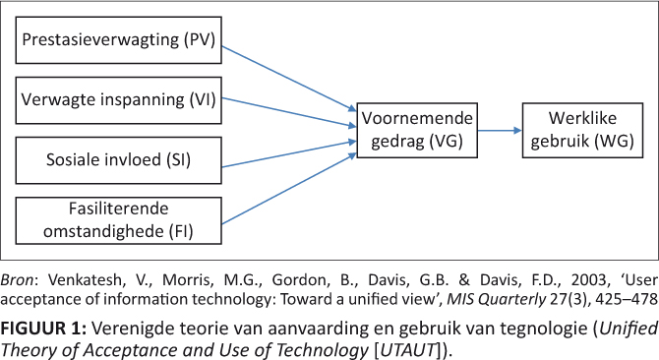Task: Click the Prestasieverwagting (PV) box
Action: [x=118, y=40]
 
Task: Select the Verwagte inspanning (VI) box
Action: [x=118, y=100]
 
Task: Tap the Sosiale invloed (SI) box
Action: [x=118, y=160]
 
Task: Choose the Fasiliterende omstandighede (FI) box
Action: [x=118, y=220]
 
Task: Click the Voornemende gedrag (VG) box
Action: [x=417, y=130]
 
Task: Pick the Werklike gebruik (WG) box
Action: [x=582, y=130]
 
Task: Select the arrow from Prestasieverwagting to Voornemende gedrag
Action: [x=289, y=79]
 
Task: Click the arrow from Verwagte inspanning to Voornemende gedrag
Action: [x=289, y=112]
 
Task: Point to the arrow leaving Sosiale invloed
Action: [x=289, y=154]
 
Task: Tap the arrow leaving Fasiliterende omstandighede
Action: [x=289, y=189]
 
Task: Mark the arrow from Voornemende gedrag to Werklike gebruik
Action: [x=500, y=131]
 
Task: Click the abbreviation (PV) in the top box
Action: [x=200, y=39]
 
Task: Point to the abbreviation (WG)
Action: [x=614, y=141]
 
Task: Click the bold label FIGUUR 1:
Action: [x=43, y=329]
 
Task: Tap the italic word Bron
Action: [x=19, y=279]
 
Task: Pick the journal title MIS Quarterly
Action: [x=497, y=299]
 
